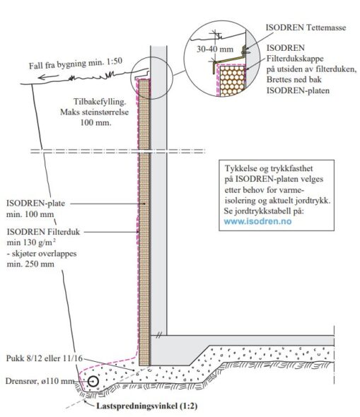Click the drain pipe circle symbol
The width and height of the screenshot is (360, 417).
(93, 382)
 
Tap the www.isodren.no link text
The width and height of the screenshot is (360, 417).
(257, 221)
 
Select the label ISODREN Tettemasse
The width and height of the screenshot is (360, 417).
(306, 28)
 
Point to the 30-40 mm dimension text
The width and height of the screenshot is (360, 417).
(215, 49)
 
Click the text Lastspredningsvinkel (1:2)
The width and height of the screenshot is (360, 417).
(147, 406)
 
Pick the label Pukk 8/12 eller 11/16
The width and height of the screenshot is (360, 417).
(45, 358)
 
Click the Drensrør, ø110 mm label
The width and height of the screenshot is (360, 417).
(40, 381)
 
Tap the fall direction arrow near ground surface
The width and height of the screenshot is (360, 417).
(48, 77)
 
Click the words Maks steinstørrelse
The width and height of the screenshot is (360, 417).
(95, 112)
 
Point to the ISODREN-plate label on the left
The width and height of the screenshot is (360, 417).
(35, 204)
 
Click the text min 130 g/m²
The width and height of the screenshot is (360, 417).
(31, 242)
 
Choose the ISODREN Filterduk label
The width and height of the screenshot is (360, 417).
(43, 232)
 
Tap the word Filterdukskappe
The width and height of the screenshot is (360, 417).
(295, 59)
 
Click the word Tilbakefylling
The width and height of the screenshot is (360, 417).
(100, 102)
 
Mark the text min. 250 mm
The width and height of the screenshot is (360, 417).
(30, 264)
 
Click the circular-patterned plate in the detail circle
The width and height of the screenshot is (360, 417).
(233, 81)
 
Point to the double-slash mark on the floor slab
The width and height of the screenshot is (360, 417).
(158, 335)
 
